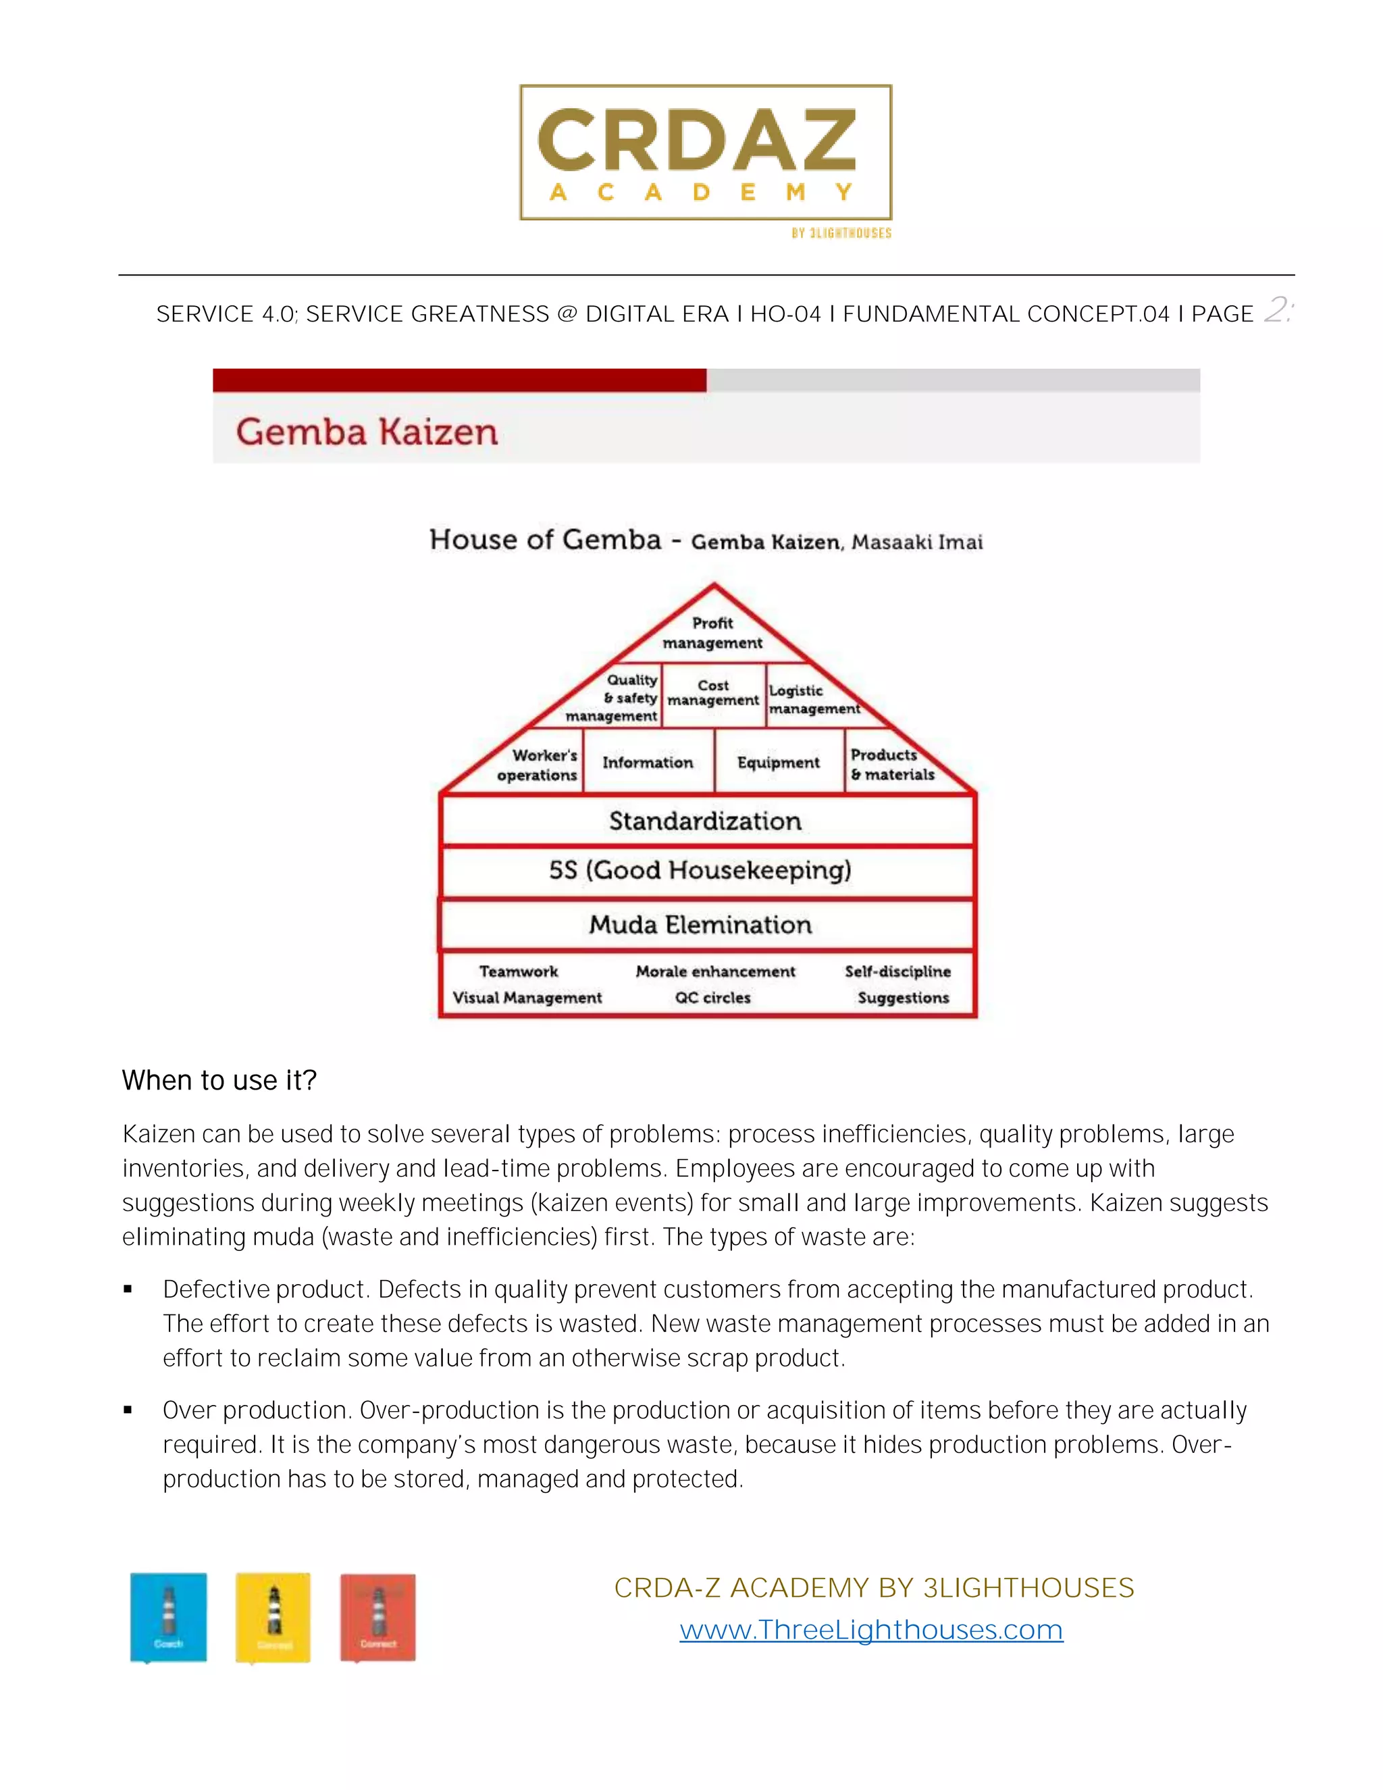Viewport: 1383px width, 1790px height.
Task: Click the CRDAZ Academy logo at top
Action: click(x=706, y=153)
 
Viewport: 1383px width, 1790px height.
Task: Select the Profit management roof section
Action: click(x=712, y=633)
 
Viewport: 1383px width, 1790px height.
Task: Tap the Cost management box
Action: click(x=713, y=694)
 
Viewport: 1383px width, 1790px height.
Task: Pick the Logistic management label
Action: click(x=813, y=699)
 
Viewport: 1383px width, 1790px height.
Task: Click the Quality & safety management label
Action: click(x=613, y=698)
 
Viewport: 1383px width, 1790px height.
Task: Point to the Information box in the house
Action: click(x=647, y=762)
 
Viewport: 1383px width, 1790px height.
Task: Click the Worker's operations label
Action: click(x=538, y=765)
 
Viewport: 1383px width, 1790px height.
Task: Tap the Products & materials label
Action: click(x=891, y=764)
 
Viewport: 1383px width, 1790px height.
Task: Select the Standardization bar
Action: click(x=706, y=821)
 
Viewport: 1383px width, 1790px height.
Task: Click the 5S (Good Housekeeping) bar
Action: click(x=700, y=871)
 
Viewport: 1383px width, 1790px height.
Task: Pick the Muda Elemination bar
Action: click(x=700, y=925)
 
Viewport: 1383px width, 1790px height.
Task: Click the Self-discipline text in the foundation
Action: click(x=897, y=971)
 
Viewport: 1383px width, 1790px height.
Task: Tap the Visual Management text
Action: click(x=527, y=998)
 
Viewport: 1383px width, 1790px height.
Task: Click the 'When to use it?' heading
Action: click(x=219, y=1080)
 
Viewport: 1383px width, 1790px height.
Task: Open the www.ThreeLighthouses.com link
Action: click(x=871, y=1629)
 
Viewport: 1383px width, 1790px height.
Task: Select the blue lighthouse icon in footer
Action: click(x=168, y=1616)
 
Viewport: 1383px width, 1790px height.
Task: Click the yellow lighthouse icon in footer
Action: click(x=273, y=1616)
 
